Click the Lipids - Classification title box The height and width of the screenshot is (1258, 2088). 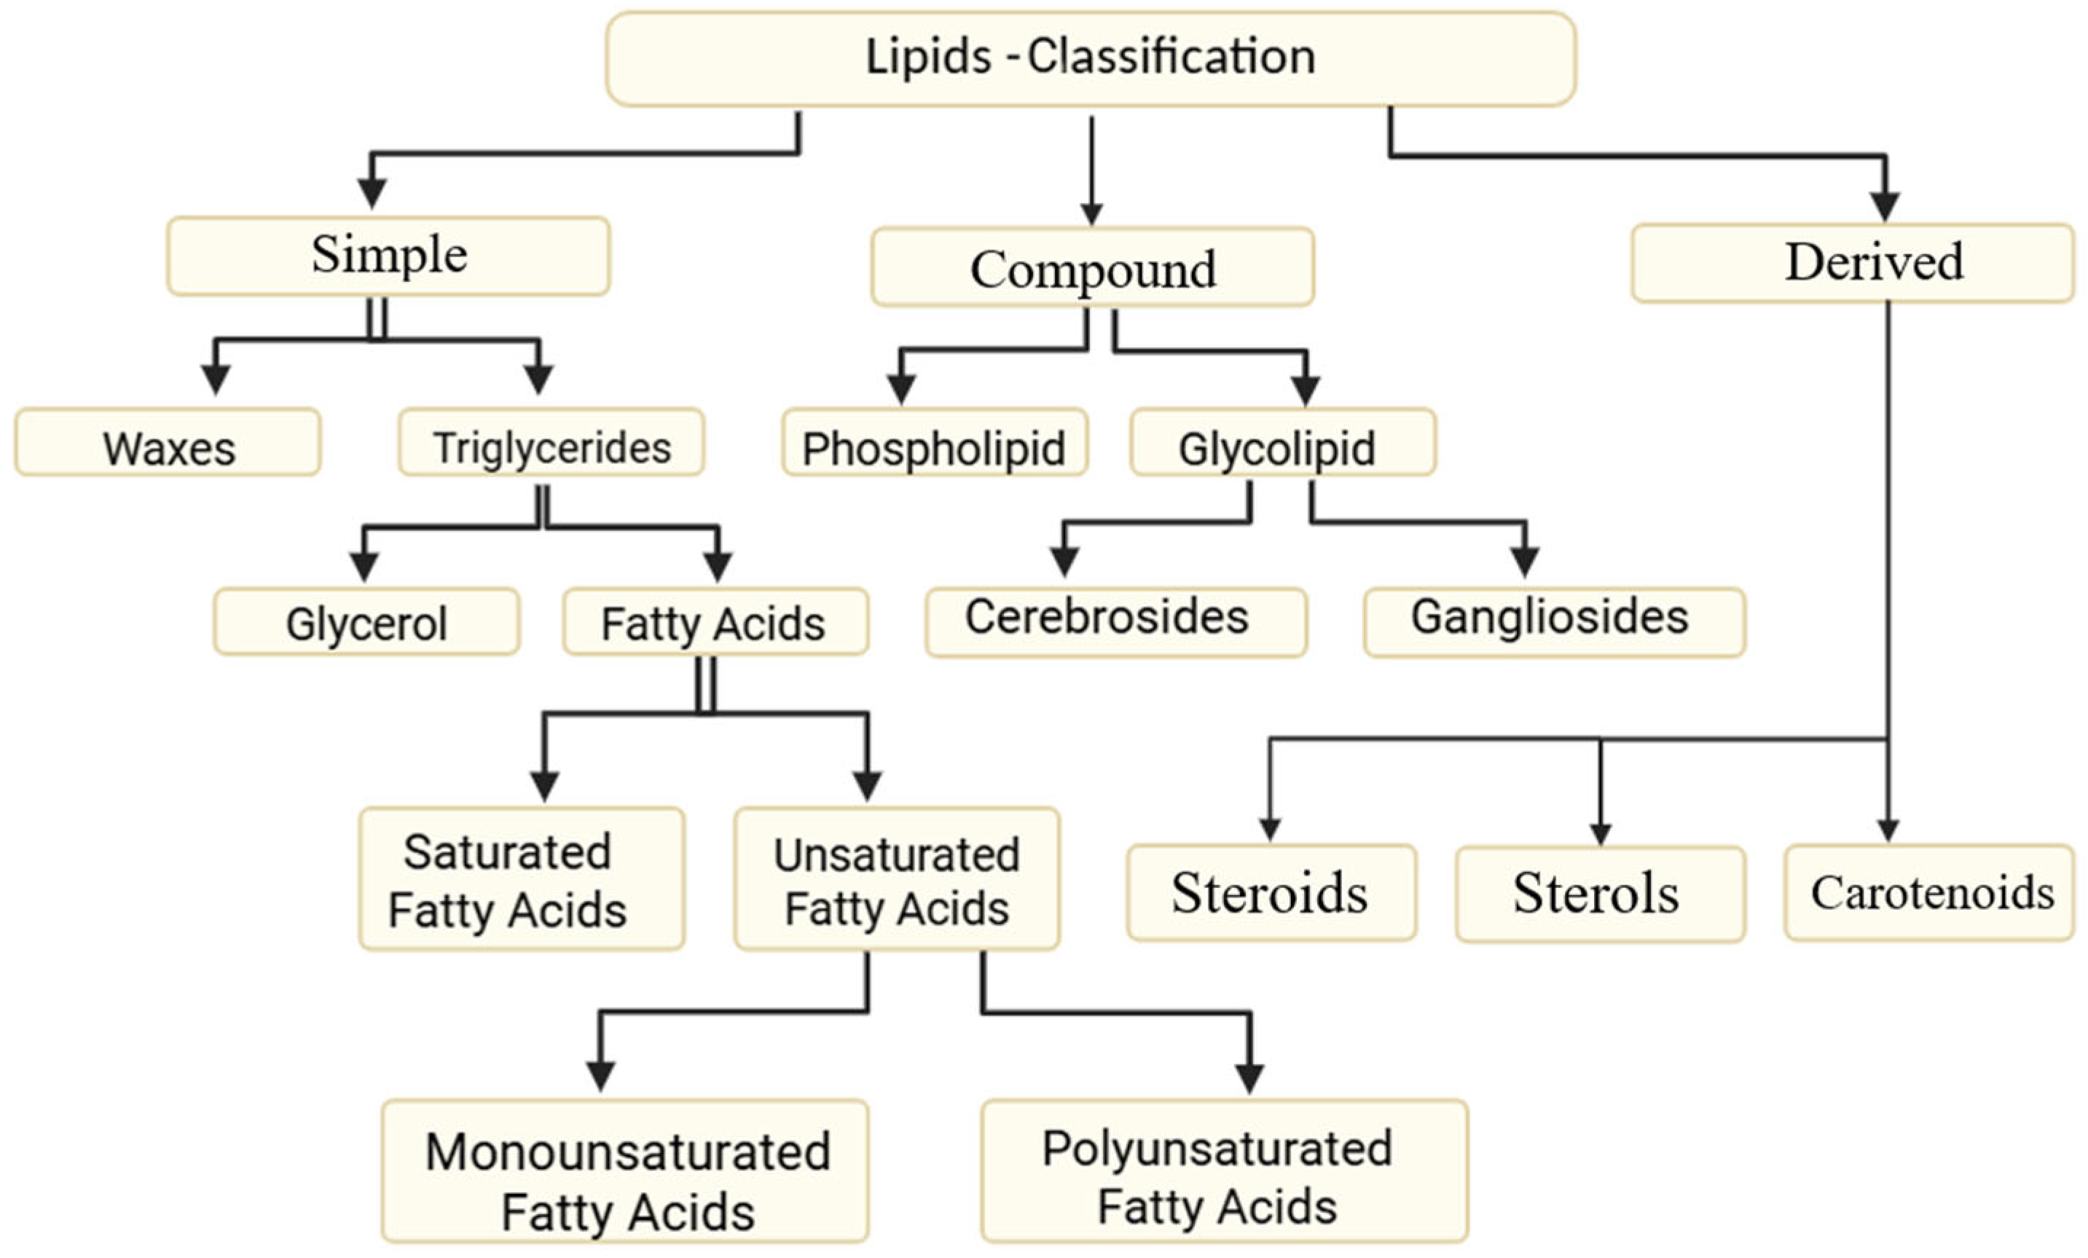[1091, 58]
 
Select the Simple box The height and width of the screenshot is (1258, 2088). [388, 256]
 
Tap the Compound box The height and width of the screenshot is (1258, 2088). [1092, 267]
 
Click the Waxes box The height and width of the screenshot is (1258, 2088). [168, 443]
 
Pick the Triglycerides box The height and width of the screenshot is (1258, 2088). [551, 443]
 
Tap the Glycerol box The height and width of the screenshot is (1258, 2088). [366, 622]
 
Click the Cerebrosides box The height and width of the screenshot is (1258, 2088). [1115, 622]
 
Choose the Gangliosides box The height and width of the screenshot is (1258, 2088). [1553, 622]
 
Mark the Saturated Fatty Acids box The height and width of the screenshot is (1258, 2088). [521, 878]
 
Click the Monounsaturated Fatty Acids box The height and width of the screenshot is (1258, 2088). [624, 1170]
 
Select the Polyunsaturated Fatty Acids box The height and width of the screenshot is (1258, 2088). [1224, 1170]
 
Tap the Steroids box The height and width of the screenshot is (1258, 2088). [1271, 892]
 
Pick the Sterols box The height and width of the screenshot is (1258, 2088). [1599, 893]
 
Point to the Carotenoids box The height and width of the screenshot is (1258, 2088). [1928, 892]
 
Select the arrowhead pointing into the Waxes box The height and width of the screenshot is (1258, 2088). [216, 379]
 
